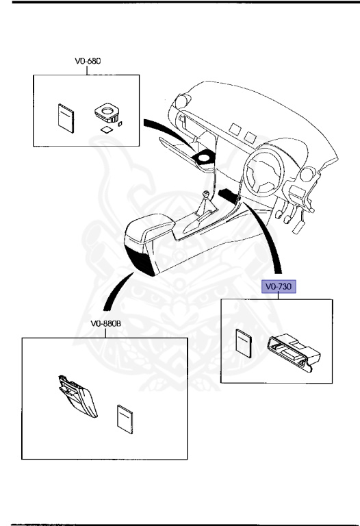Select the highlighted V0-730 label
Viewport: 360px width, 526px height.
point(277,287)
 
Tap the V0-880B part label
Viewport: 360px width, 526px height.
point(105,325)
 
